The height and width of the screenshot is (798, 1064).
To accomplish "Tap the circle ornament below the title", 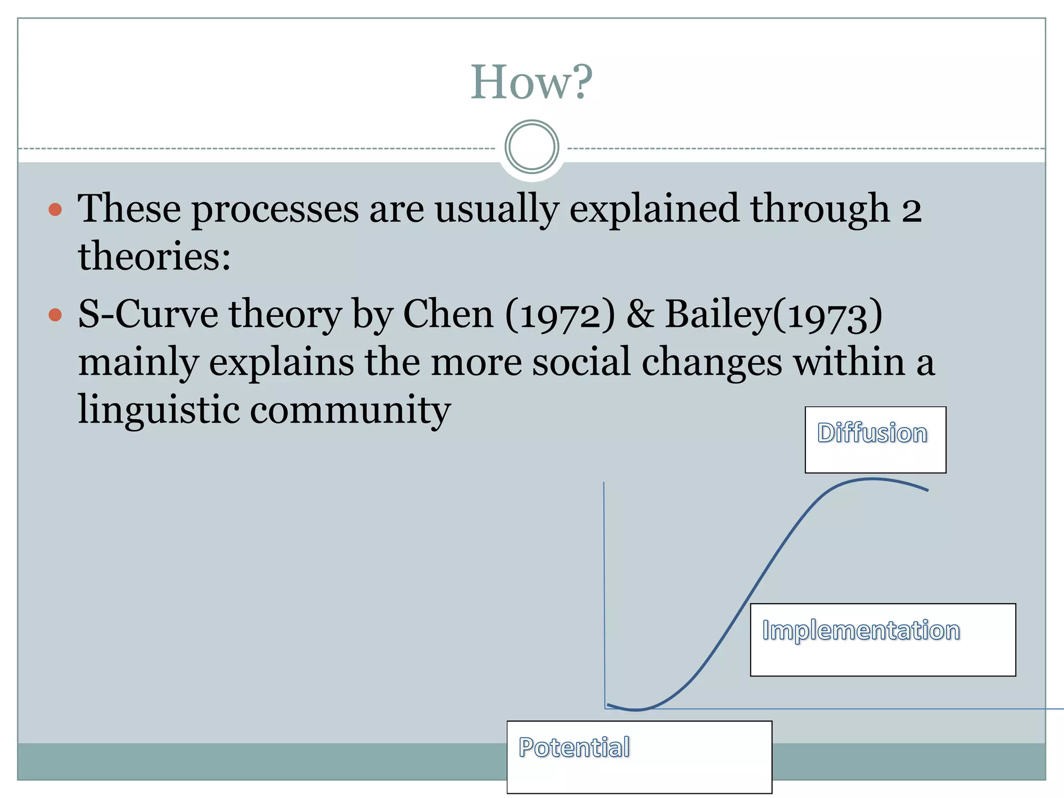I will coord(531,147).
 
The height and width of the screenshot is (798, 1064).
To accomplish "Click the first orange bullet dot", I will coord(55,209).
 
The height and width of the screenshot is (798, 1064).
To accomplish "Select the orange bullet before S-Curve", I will coord(55,315).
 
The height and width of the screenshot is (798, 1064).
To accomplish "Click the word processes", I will coord(275,209).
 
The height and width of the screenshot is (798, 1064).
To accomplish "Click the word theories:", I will coord(154,257).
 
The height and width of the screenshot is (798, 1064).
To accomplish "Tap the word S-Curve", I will coord(148,315).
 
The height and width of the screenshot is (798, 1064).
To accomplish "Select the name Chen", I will coord(448,315).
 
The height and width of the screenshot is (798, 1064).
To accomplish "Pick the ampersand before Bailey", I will coord(640,315).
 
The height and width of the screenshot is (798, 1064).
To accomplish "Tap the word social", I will coord(581,362).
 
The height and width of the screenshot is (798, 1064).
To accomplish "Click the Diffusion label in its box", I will coord(872,433).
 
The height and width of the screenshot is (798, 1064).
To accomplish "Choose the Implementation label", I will coord(861,630).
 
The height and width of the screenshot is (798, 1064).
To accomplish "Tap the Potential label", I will coord(574,748).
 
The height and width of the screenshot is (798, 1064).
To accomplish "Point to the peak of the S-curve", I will coord(873,479).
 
